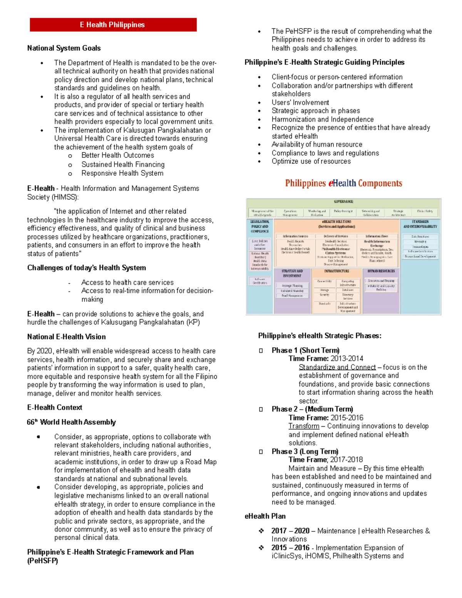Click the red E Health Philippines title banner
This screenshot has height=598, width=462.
point(113,25)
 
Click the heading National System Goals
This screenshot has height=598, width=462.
point(64,48)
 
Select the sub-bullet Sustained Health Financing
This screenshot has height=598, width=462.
point(123,164)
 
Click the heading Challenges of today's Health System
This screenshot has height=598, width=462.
point(87,268)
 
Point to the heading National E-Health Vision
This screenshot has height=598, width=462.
point(66,337)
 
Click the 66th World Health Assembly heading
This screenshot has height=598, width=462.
point(71,422)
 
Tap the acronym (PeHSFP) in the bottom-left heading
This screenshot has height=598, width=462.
point(42,561)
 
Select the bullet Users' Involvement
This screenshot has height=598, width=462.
point(300,102)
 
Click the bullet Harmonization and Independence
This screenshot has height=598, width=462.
point(323,119)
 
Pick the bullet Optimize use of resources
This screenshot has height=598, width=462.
point(311,161)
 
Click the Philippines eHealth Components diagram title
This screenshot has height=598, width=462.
point(343,183)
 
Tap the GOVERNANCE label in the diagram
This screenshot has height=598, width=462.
point(343,201)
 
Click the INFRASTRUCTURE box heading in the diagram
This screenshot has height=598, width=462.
point(336,271)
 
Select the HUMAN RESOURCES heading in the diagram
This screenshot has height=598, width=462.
point(381,271)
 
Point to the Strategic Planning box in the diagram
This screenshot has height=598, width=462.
point(292,286)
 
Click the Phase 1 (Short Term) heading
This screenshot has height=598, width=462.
point(305,350)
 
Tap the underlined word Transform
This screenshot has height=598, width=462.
point(304,426)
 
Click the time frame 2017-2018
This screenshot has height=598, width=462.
point(346,459)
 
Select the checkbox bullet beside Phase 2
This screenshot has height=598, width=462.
point(261,409)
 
